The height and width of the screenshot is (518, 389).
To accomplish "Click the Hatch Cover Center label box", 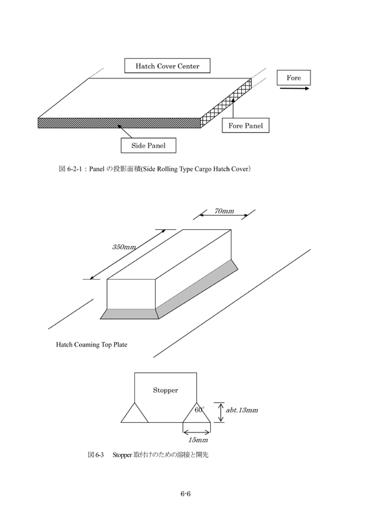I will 167,66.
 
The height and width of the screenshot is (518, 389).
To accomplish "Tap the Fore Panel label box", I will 246,126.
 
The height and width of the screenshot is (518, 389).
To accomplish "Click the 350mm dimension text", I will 124,247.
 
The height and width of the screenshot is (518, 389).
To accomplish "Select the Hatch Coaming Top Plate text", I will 91,344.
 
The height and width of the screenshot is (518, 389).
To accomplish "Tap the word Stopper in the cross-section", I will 165,390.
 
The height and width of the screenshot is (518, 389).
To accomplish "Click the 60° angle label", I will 199,410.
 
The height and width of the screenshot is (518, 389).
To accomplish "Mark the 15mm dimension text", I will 197,440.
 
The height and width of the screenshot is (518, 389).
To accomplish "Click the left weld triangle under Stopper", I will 134,412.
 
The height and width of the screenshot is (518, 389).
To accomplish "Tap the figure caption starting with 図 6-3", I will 148,455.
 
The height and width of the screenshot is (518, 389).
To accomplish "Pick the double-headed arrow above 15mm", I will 196,431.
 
